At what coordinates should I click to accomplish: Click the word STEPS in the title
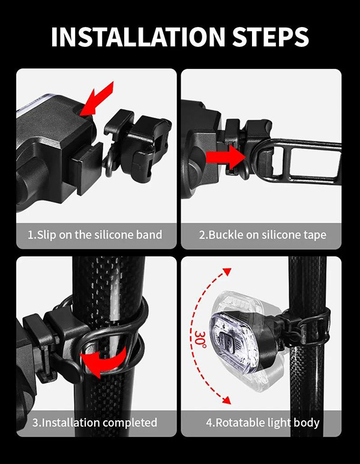[271, 37]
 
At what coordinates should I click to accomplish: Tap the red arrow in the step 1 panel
[95, 99]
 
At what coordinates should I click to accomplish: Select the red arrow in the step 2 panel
[226, 156]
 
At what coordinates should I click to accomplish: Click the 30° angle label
[200, 339]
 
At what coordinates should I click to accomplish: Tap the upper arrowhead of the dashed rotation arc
[227, 272]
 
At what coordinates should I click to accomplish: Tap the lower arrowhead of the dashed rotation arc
[226, 400]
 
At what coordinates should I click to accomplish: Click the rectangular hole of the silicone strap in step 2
[314, 162]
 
